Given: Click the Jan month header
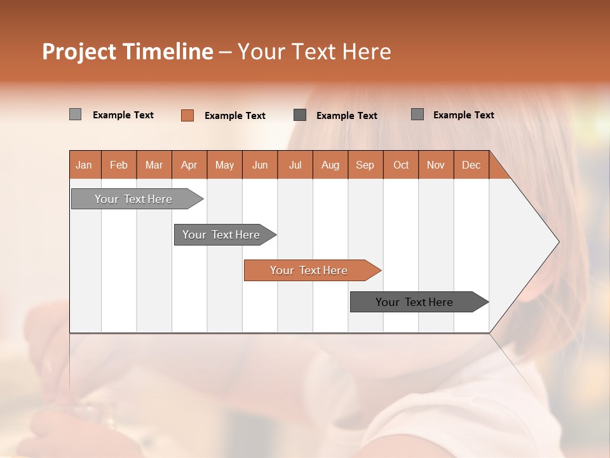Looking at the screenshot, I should [x=85, y=165].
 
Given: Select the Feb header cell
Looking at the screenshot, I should [x=119, y=165].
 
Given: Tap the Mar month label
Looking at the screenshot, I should [x=154, y=165].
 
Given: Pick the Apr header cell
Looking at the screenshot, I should [x=189, y=165].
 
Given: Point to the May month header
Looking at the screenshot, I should [x=224, y=165].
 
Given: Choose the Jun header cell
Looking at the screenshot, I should [x=260, y=165].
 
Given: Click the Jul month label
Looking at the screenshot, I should [x=295, y=165].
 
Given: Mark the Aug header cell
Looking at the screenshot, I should [x=330, y=165].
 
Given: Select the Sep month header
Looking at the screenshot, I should [x=365, y=165].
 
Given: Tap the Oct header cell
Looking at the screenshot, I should [x=401, y=165].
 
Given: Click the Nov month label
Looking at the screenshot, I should [x=436, y=165].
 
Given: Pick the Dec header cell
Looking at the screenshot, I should [x=471, y=165].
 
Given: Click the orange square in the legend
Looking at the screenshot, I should [x=187, y=115].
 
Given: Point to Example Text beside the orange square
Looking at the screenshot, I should [x=235, y=116].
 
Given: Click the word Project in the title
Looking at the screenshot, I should [x=79, y=52].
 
